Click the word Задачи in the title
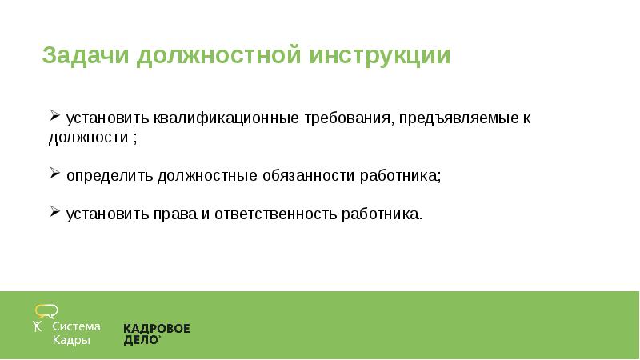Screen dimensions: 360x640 click(x=86, y=57)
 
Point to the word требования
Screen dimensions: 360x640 click(x=348, y=118)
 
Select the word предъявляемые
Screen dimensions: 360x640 click(x=457, y=118)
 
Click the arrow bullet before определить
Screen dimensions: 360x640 click(x=54, y=173)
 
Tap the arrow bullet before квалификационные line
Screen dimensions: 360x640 click(x=54, y=117)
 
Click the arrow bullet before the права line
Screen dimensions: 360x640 click(x=54, y=213)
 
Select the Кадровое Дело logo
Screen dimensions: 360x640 click(x=156, y=334)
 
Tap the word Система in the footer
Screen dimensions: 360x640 click(x=77, y=326)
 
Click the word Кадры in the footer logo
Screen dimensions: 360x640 click(x=71, y=340)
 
